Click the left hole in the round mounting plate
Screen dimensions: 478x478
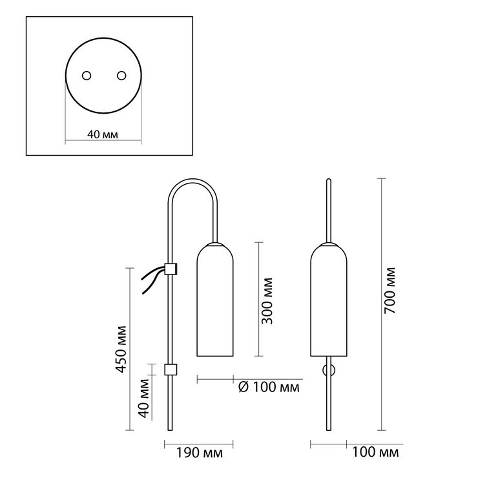click(87, 76)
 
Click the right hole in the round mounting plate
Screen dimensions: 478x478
click(121, 76)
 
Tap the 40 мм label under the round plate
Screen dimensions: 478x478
click(103, 134)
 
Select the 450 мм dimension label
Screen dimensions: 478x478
click(121, 349)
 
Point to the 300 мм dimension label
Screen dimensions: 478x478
click(267, 301)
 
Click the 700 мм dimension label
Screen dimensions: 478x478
click(390, 291)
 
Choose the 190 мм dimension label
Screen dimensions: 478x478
click(200, 453)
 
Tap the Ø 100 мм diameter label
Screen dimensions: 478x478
click(269, 387)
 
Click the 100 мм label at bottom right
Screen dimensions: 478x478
click(375, 452)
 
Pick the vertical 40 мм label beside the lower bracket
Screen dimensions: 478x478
click(144, 399)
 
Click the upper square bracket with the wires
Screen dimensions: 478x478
click(171, 269)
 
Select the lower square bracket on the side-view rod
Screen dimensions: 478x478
click(171, 369)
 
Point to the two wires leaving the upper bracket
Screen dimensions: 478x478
click(152, 279)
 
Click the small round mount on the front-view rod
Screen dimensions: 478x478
click(329, 370)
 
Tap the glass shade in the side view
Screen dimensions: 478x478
click(215, 300)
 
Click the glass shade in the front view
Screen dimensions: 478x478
click(329, 300)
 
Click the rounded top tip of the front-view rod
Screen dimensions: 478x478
click(329, 180)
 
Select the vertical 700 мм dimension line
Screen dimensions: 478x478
click(381, 304)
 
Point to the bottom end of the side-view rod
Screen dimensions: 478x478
click(170, 430)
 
